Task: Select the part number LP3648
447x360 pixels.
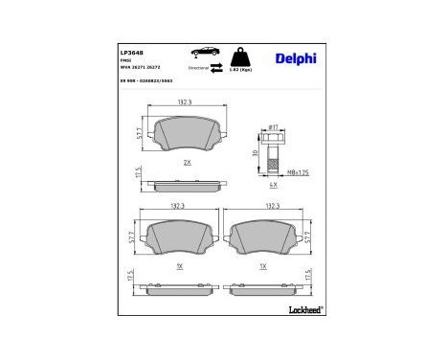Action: [x=130, y=54]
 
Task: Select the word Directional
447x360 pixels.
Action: [x=198, y=70]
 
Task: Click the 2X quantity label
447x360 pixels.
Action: [x=188, y=163]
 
